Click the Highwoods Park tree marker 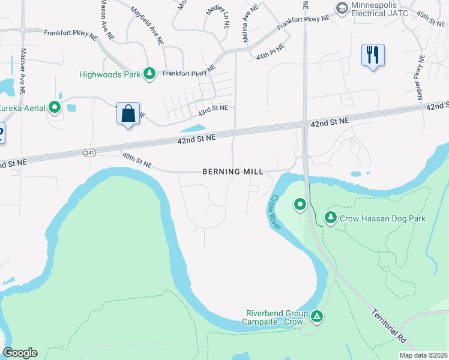[x=149, y=74]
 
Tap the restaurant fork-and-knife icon [x=373, y=56]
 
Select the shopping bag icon [x=128, y=113]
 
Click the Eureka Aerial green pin [x=55, y=107]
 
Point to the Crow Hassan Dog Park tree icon [x=330, y=218]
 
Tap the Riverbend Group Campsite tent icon [x=317, y=316]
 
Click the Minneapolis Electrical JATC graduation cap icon [x=342, y=8]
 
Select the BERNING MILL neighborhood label [x=233, y=172]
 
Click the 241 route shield [x=89, y=153]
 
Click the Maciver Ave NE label [x=22, y=71]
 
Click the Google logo [x=20, y=353]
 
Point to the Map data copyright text [x=423, y=355]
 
